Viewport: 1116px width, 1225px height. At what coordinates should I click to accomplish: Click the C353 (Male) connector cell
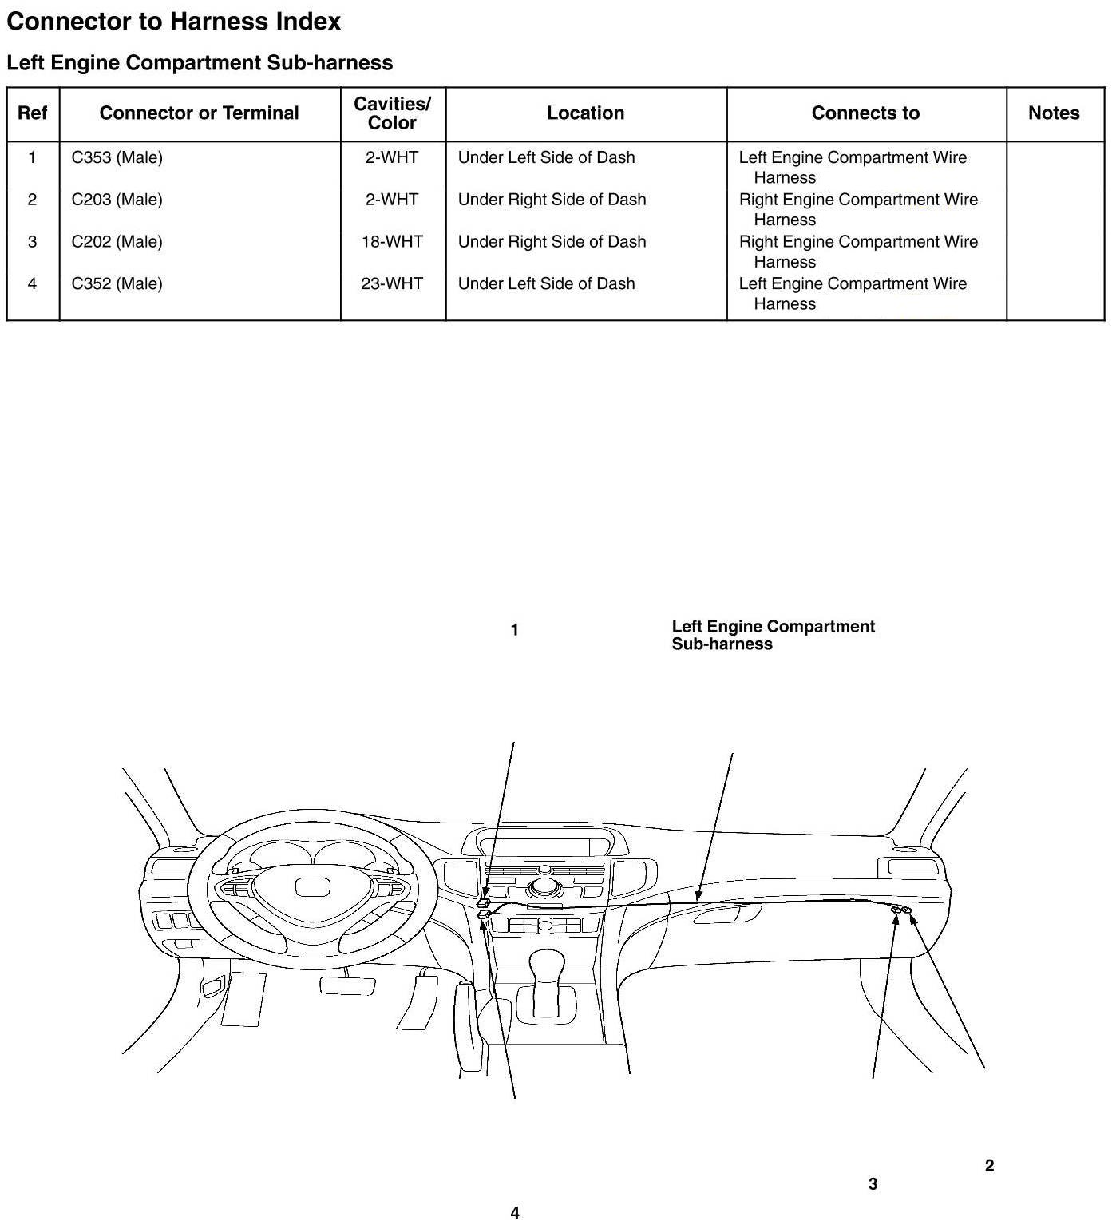(117, 157)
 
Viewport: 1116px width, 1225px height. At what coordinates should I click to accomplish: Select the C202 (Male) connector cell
(117, 241)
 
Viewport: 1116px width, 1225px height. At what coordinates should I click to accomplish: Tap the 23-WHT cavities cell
(392, 283)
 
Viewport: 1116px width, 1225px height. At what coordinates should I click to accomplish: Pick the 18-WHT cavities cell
(392, 241)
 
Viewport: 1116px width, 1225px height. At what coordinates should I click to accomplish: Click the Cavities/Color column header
(392, 113)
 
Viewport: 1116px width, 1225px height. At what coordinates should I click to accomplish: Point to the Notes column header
(1054, 113)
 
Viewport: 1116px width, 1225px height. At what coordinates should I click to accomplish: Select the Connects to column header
(865, 113)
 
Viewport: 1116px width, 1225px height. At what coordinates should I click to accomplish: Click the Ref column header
(32, 113)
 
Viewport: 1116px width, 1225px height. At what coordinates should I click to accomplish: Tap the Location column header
(585, 113)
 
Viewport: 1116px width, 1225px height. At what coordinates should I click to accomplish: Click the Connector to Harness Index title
(173, 22)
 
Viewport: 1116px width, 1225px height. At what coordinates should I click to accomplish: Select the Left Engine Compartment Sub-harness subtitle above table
(200, 63)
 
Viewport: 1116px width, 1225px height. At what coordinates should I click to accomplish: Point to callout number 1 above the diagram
(515, 630)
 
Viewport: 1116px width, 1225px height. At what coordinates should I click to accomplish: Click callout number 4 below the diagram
(515, 1213)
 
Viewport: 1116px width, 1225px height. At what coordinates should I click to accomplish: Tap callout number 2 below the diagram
(990, 1166)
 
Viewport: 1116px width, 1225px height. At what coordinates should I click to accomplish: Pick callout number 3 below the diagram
(873, 1184)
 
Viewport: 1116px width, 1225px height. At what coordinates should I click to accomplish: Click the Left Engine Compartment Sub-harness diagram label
(773, 636)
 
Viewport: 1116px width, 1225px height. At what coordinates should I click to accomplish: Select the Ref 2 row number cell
(32, 200)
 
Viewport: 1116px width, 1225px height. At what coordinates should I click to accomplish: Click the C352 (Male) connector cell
(117, 283)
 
